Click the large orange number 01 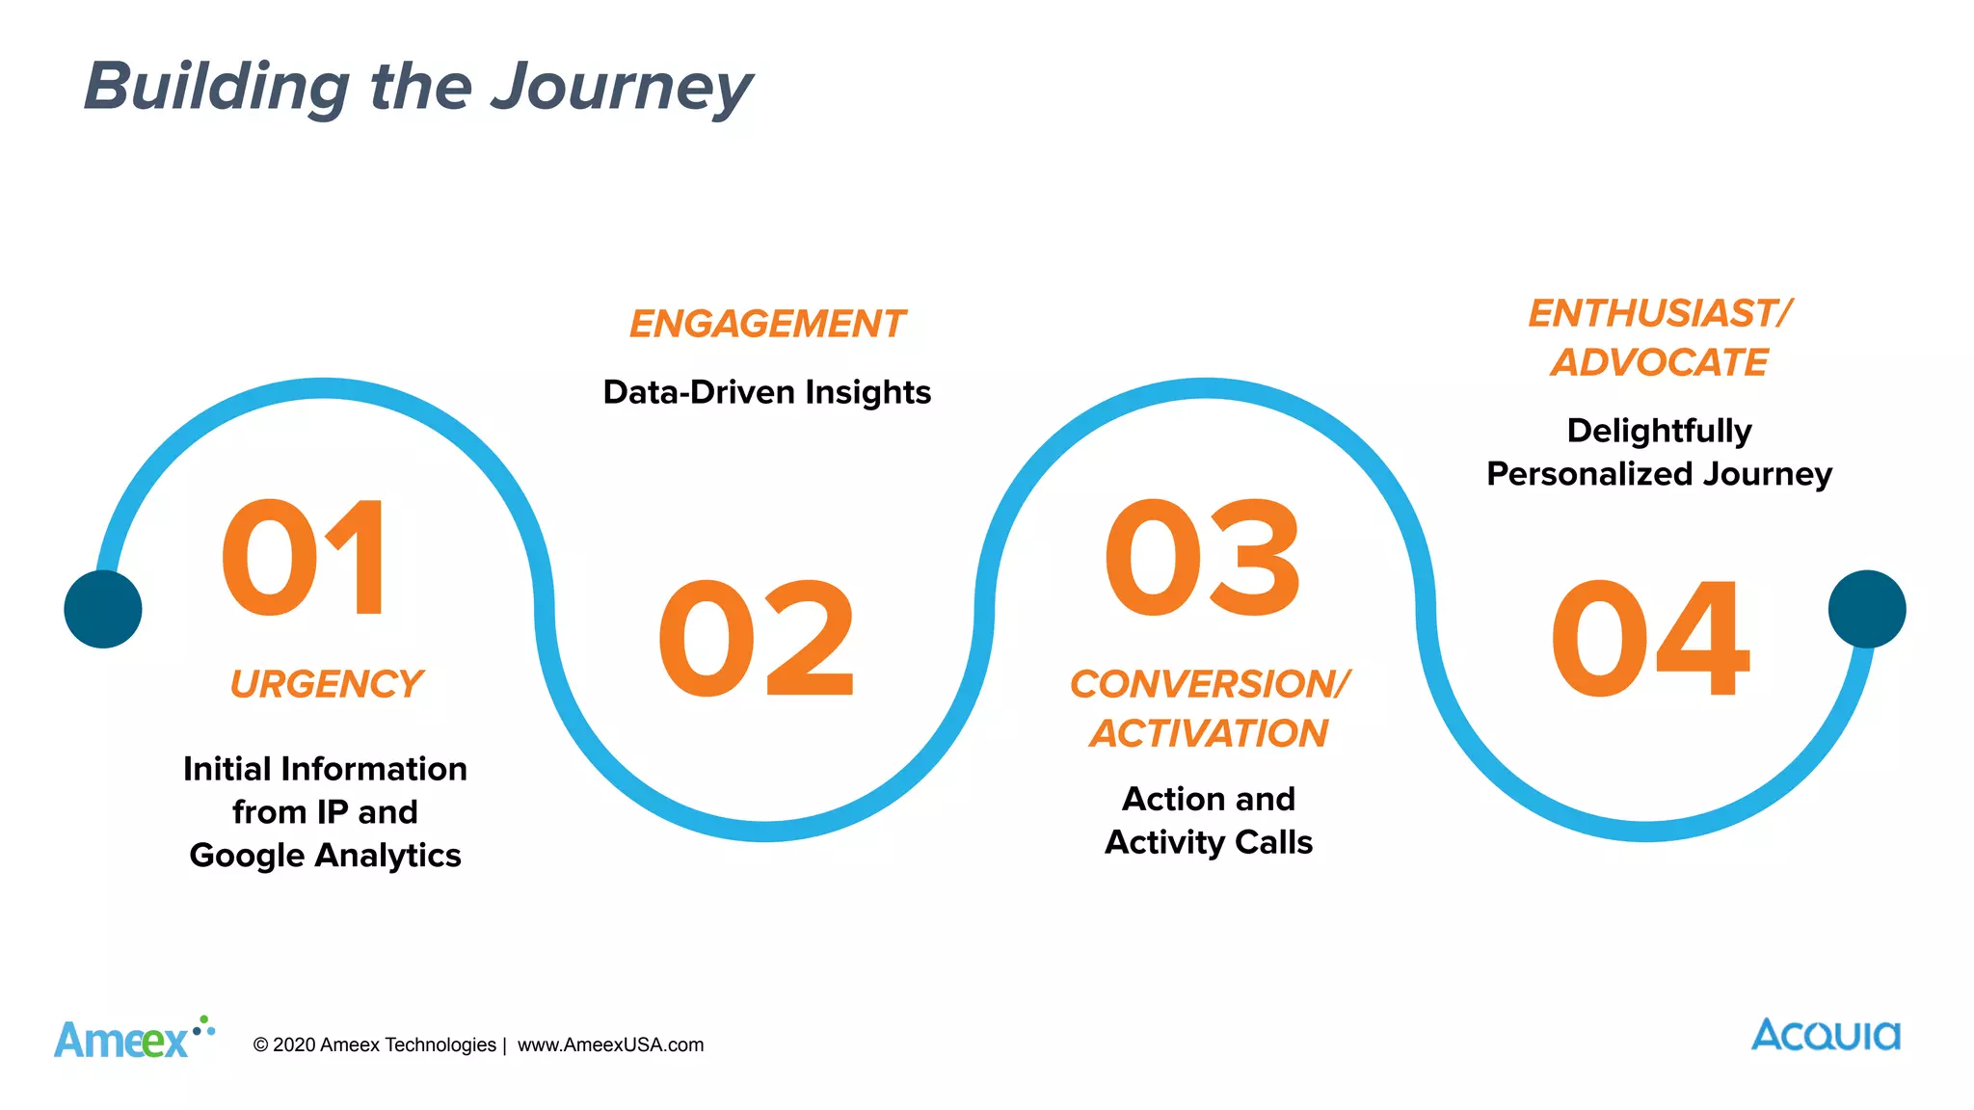[x=304, y=558]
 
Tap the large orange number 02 [x=757, y=639]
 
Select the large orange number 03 [x=1203, y=558]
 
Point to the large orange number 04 [x=1649, y=639]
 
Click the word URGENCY [x=326, y=684]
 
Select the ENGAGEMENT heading [x=767, y=324]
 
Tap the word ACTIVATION [x=1209, y=733]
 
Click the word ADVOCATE [x=1659, y=362]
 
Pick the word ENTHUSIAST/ [x=1659, y=313]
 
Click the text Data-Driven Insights [x=767, y=392]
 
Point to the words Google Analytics [x=326, y=856]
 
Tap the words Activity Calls [x=1209, y=842]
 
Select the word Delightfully [x=1659, y=430]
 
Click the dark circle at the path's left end [x=103, y=609]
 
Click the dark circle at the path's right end [x=1867, y=609]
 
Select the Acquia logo [x=1826, y=1035]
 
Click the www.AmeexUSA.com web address [x=610, y=1044]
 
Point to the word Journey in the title [x=621, y=87]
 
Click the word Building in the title [x=217, y=87]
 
